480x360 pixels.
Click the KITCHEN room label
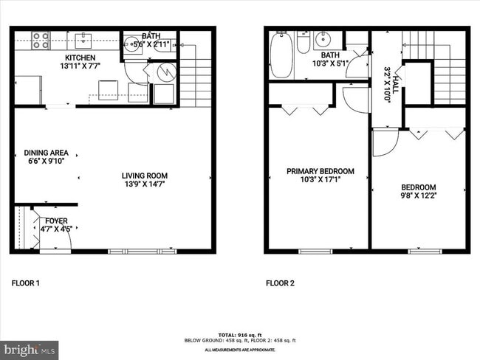click(80, 58)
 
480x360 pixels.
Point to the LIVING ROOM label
click(145, 176)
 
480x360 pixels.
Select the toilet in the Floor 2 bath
click(302, 44)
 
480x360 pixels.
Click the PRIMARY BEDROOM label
click(320, 171)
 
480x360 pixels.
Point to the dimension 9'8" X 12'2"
click(419, 196)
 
